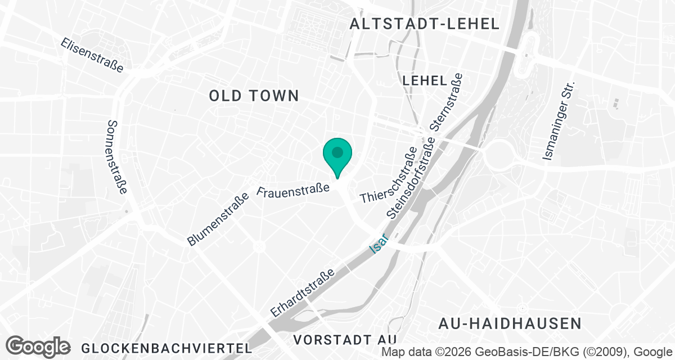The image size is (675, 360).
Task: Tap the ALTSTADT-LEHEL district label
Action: [x=424, y=24]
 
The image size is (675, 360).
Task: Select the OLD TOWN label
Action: [x=254, y=96]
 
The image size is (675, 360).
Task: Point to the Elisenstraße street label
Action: [x=92, y=55]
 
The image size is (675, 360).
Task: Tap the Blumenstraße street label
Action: [x=218, y=220]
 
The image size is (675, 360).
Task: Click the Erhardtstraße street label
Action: [x=303, y=292]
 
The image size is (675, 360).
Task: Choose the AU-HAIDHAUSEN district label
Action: [x=510, y=323]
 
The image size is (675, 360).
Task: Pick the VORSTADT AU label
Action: [x=345, y=340]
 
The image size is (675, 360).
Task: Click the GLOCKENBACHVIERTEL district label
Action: [x=166, y=348]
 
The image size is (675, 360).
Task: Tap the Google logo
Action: [x=38, y=346]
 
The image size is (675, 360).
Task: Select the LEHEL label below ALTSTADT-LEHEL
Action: [x=425, y=80]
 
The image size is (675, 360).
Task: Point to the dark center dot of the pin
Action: [x=337, y=152]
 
